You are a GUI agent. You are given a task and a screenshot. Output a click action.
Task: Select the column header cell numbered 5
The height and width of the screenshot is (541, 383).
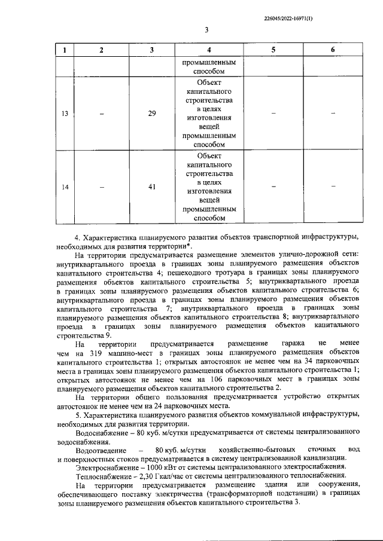tap(272, 50)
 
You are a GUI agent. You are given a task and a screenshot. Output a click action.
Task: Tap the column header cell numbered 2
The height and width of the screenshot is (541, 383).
tap(101, 50)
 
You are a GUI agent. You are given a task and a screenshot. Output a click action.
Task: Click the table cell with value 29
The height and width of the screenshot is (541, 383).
tap(152, 114)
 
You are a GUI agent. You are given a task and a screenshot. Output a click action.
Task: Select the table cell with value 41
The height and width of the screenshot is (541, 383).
tap(152, 187)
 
